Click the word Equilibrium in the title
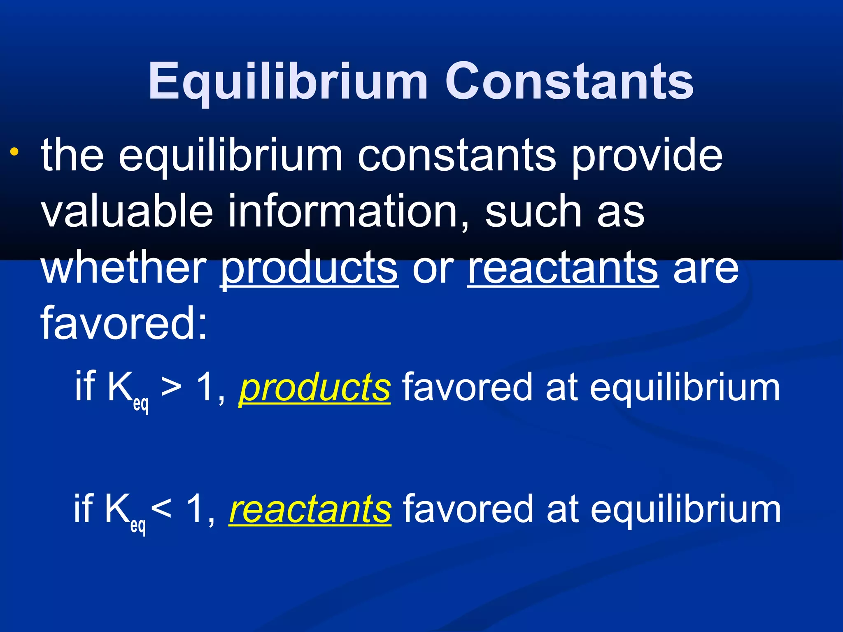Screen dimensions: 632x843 click(288, 82)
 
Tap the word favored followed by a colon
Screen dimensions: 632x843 click(123, 323)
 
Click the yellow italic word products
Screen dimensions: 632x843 click(314, 388)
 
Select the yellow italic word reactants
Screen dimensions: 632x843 click(310, 509)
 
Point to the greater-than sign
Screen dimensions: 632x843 click(171, 388)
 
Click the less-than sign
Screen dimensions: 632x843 click(161, 510)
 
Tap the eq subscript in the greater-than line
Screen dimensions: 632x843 click(141, 404)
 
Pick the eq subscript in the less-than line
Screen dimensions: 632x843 click(138, 525)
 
